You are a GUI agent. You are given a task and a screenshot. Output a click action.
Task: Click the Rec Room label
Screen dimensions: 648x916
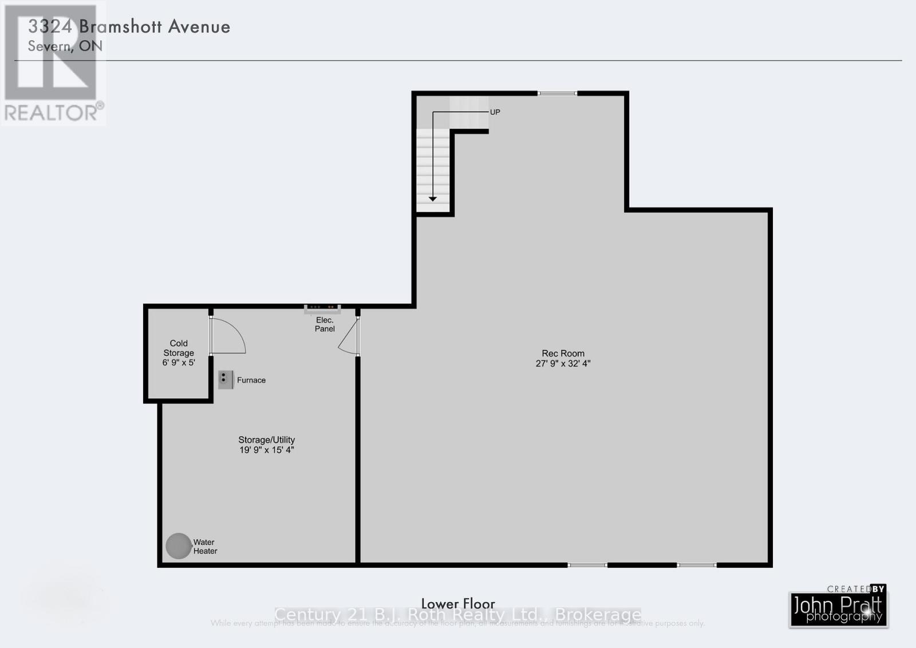coord(563,354)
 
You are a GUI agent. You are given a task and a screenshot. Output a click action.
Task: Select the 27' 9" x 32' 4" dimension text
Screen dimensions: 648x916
coord(563,363)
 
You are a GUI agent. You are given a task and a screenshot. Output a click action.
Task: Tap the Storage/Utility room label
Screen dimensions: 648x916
coord(266,440)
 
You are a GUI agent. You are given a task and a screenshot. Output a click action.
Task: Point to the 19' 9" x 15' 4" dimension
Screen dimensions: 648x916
coord(266,450)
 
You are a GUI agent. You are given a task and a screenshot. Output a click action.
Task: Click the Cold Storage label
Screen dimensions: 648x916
coord(179,348)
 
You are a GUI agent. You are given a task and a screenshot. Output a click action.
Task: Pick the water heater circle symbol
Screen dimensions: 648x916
coord(178,546)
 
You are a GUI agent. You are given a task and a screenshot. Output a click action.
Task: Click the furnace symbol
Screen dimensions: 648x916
coord(226,379)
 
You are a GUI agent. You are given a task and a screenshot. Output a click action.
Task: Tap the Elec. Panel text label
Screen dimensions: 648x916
coord(325,324)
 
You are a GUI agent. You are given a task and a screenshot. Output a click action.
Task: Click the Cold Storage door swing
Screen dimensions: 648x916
coord(227,336)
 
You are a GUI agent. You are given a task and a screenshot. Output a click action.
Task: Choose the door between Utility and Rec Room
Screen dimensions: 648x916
coord(350,337)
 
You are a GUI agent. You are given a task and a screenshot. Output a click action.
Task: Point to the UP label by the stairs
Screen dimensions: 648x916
coord(495,112)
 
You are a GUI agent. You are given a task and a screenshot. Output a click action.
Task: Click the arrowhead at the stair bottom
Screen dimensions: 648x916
coord(433,198)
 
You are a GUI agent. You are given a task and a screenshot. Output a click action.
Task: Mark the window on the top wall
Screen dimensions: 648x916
coord(557,93)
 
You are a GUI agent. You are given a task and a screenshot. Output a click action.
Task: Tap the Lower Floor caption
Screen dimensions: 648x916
coord(458,603)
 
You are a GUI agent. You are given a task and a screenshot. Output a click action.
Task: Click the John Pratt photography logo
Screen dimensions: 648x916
coord(839,607)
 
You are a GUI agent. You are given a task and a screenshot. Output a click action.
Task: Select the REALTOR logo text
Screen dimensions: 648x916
coord(53,112)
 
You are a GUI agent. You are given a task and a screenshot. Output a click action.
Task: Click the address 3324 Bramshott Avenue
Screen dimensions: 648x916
coord(129,26)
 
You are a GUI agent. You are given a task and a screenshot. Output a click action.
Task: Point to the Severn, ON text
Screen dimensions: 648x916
coord(65,46)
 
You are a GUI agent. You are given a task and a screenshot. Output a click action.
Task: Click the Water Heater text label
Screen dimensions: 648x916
coord(205,547)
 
